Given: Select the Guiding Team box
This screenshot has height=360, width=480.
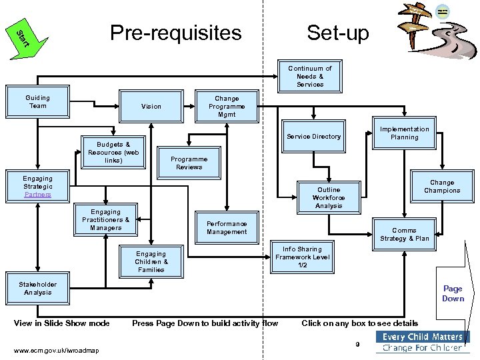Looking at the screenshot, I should pos(38,102).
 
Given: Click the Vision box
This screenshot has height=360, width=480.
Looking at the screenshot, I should pos(151,106).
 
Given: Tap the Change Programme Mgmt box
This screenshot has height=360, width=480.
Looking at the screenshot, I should pos(227,107).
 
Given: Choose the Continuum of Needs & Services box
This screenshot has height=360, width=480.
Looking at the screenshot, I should pos(310,77).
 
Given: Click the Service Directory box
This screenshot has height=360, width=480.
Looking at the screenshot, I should pos(313,137).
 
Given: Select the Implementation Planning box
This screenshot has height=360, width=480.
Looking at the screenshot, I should pos(404,133).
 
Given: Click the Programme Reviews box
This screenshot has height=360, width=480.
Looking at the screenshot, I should pos(189,163).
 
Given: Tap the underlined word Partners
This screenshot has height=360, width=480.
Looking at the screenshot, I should pos(37,195).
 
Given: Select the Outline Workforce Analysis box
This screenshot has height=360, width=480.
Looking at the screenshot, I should pos(329,198).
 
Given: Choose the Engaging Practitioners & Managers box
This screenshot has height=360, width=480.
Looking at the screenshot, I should pos(105,220).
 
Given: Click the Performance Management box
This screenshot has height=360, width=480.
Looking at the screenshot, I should pos(227,228).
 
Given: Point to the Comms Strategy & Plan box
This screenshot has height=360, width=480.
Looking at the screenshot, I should pos(404,235).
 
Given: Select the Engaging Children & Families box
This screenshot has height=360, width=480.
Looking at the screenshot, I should pos(151,261).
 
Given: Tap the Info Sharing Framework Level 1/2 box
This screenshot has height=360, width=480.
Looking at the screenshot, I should pos(302,257).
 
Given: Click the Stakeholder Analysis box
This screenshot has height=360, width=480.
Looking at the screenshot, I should pos(38,289).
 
